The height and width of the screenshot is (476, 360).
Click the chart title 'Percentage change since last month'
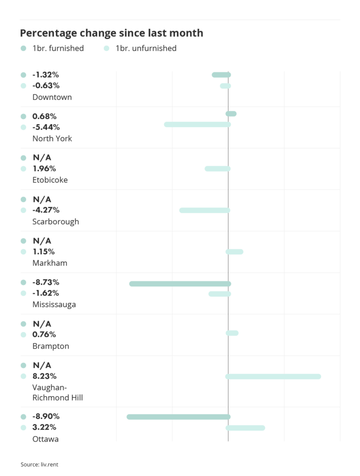112,33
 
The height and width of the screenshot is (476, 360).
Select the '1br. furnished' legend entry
58,48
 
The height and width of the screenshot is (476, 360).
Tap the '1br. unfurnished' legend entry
146,48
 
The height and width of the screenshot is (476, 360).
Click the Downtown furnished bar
221,75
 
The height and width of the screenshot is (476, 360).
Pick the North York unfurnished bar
197,125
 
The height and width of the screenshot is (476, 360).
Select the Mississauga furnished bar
180,284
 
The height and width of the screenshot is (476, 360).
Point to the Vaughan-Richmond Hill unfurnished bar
273,376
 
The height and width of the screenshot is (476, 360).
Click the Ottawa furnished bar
179,417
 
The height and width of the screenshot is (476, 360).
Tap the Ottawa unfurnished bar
246,428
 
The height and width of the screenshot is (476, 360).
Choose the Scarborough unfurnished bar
205,210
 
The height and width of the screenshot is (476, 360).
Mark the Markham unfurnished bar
234,252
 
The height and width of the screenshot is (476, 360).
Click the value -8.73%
46,282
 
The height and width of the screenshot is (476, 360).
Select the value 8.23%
44,376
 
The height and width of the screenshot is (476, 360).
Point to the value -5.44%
46,127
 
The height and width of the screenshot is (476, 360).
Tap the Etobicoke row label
50,180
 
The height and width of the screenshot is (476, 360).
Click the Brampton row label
51,346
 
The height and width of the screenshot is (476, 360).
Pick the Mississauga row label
54,304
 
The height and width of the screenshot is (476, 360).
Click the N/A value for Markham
42,241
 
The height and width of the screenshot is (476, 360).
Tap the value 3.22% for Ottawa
44,427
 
